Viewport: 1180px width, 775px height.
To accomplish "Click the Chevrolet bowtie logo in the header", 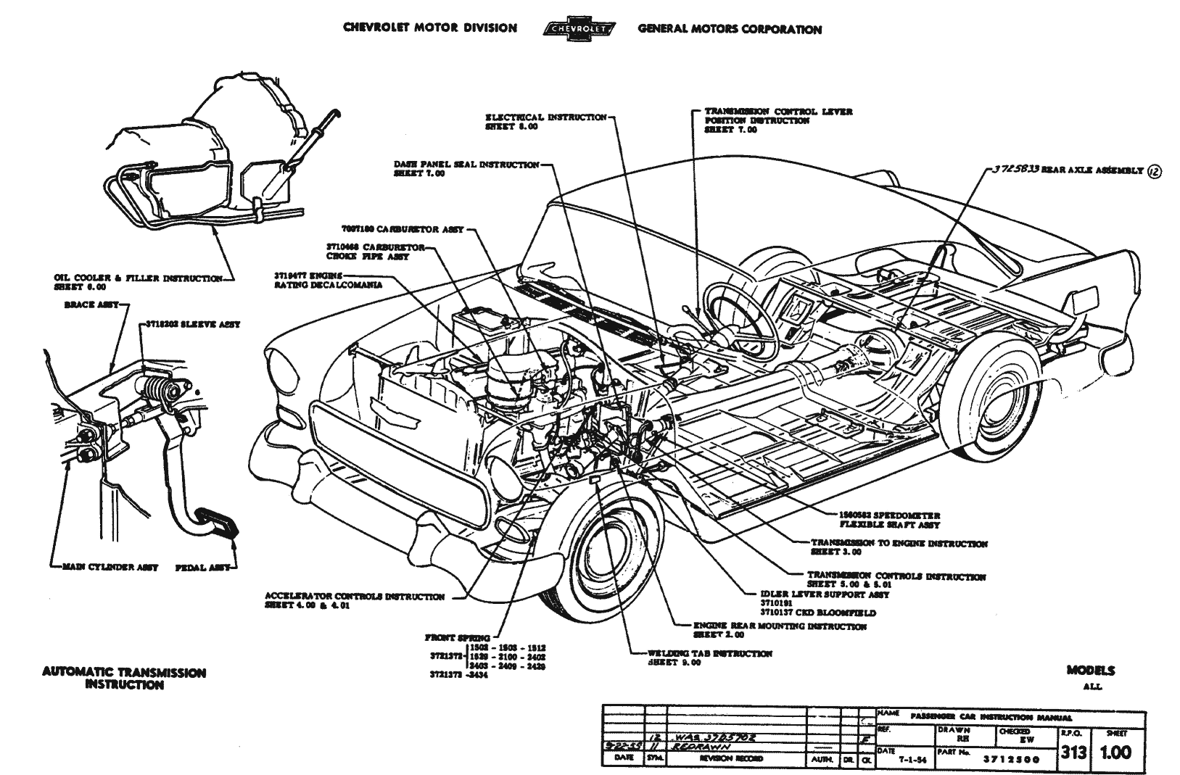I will coord(577,29).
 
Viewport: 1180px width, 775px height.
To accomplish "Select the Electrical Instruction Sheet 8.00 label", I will coord(545,121).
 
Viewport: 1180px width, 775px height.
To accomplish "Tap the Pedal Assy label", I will coord(202,568).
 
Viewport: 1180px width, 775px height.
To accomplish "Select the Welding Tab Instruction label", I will coord(709,658).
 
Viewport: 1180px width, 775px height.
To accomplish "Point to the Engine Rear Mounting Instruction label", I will coord(779,630).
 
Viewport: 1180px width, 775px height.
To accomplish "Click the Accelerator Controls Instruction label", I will coord(355,601).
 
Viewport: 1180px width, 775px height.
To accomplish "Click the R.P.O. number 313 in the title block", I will coord(1073,753).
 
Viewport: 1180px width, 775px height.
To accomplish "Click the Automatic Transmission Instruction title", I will coord(124,678).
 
